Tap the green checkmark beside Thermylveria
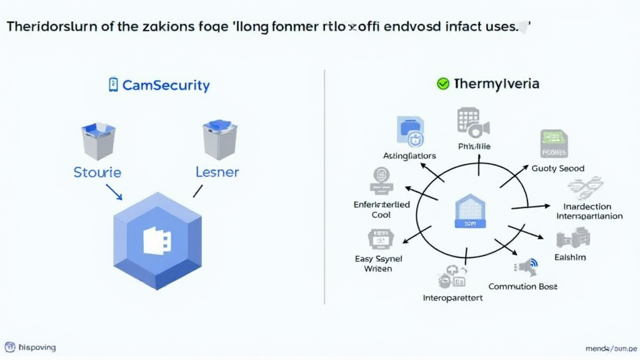click(443, 84)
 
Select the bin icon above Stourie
click(98, 141)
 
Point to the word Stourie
click(97, 172)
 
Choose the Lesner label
click(217, 172)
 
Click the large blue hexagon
click(157, 241)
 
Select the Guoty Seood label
click(558, 168)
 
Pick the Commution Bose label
click(522, 286)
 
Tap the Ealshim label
click(570, 257)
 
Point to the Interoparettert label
click(453, 297)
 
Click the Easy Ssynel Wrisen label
click(378, 263)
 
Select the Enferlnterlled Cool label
click(382, 209)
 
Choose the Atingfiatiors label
click(409, 156)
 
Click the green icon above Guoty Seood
click(553, 144)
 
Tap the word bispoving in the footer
click(37, 347)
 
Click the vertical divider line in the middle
click(325, 187)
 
